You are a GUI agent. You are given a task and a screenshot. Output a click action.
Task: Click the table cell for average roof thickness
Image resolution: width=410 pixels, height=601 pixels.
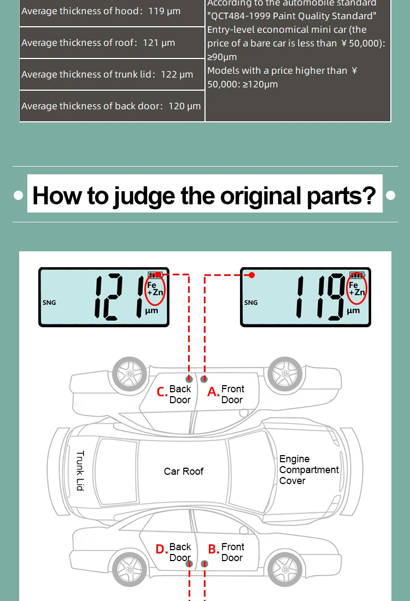point(112,43)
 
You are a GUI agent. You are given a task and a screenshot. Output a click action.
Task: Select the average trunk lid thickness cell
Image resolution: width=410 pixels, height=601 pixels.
point(112,74)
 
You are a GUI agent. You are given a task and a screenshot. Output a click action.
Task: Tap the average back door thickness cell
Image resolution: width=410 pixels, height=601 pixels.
point(112,106)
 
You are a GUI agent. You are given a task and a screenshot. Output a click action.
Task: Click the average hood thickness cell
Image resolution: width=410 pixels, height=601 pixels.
point(112,11)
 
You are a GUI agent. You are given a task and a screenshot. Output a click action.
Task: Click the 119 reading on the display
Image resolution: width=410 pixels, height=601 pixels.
point(321,297)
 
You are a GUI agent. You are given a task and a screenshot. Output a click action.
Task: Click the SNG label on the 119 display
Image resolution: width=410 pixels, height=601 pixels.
point(251,303)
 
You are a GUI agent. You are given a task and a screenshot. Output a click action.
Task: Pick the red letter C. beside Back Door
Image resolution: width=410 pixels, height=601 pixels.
point(162,392)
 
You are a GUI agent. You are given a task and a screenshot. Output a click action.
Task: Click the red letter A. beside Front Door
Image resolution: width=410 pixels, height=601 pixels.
point(213,392)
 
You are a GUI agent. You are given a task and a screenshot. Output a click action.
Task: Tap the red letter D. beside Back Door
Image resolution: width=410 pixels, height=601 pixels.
point(162,549)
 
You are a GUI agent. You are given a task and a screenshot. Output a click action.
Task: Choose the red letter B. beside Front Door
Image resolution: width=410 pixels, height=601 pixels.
point(214,549)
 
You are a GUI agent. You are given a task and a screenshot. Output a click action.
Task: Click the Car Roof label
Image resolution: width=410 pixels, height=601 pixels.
point(183,472)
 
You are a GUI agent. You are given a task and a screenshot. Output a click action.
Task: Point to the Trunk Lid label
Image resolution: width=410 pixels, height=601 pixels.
point(80,470)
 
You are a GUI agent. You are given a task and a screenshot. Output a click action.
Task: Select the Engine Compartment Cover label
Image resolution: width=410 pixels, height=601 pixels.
point(309,470)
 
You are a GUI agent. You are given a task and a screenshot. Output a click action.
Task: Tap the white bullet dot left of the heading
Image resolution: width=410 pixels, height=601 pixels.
point(18,196)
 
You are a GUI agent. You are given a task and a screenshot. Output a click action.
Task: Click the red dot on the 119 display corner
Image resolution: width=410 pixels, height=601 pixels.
point(251,275)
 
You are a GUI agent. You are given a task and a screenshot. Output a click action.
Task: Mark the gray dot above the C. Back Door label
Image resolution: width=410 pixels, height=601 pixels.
point(189,379)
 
